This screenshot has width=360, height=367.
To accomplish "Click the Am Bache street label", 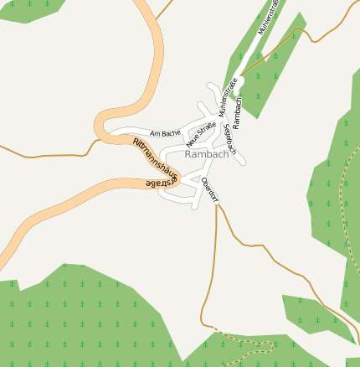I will [x=165, y=133].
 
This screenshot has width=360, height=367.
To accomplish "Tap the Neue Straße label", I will [x=201, y=132].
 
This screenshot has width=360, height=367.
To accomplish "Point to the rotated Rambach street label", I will [x=238, y=112].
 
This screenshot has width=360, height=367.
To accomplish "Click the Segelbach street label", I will [x=231, y=138].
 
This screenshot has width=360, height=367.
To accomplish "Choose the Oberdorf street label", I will [x=210, y=190].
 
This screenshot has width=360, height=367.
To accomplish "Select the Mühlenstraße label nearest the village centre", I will [x=226, y=96].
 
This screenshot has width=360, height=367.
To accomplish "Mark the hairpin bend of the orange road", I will [x=103, y=126].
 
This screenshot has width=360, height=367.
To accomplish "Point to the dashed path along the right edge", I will [x=343, y=209].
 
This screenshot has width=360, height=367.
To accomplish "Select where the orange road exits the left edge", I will [x=3, y=251].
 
